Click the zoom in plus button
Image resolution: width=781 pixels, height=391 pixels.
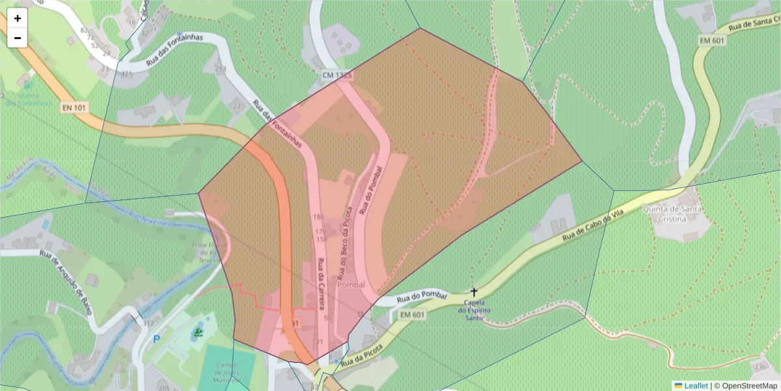tap(18, 18)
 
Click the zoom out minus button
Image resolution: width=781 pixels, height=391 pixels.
tap(18, 38)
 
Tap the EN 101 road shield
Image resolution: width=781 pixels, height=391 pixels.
tap(75, 107)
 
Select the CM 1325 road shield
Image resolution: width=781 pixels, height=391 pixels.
tap(337, 76)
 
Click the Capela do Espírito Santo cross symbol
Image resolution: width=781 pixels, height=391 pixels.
tap(474, 293)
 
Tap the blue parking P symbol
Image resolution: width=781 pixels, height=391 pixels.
tap(156, 339)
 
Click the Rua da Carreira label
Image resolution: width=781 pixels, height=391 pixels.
tap(321, 283)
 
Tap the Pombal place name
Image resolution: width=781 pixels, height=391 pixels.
tap(351, 285)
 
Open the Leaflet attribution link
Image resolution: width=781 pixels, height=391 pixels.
tap(696, 386)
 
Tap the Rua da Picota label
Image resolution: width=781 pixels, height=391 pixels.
tap(361, 353)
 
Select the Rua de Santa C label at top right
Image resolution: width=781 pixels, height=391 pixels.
tap(754, 24)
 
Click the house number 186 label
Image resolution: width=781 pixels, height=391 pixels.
tap(318, 216)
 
